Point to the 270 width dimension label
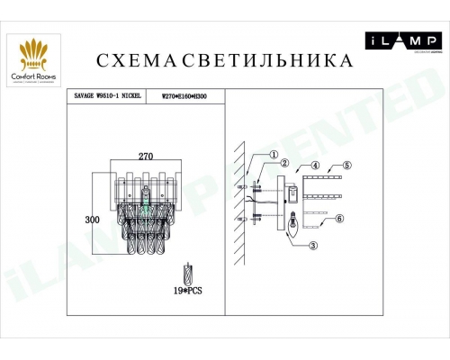(147, 156)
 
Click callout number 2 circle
(283, 163)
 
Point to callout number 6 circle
(339, 219)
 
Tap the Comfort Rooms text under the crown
(34, 76)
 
